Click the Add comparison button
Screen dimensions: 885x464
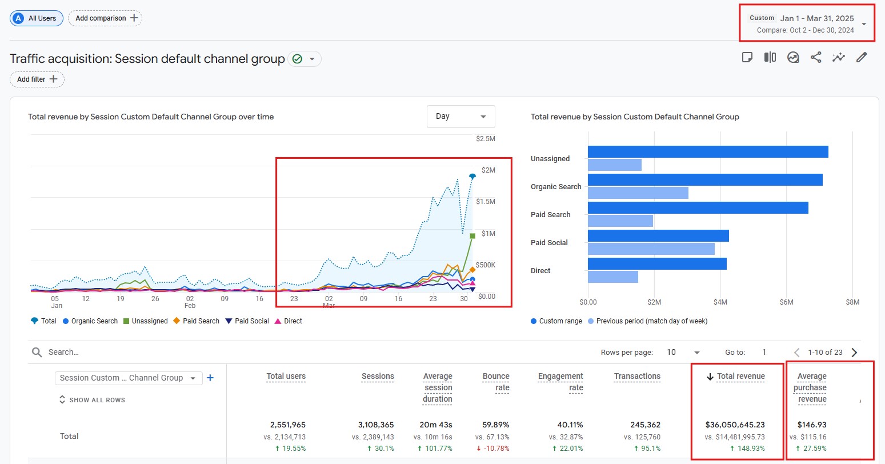click(105, 18)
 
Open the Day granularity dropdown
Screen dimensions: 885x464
click(460, 117)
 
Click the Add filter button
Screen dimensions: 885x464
click(37, 79)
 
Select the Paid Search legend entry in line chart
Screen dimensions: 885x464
click(197, 321)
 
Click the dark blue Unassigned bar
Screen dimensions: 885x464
click(708, 152)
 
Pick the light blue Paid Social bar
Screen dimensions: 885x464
click(651, 249)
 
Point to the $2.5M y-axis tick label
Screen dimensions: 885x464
click(486, 139)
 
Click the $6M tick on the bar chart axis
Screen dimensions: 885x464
click(786, 302)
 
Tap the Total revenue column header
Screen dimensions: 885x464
click(741, 376)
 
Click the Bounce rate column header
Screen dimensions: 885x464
click(496, 382)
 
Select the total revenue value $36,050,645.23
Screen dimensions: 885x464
click(735, 425)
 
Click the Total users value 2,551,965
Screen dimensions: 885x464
click(287, 425)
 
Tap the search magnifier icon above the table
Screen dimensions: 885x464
click(37, 352)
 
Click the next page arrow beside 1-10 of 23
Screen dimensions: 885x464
click(855, 353)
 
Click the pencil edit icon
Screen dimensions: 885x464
click(862, 58)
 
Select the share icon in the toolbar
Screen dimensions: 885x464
click(816, 58)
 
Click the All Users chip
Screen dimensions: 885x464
click(37, 18)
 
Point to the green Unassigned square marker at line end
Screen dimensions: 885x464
click(472, 236)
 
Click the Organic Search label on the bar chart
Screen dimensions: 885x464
click(556, 186)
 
